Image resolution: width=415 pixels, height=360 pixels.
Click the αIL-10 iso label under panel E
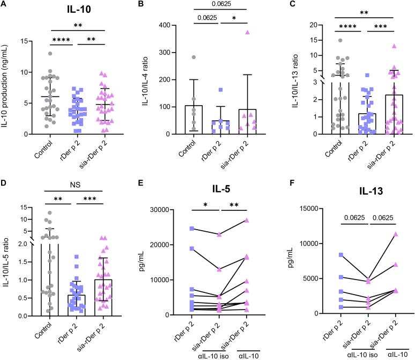(x=219, y=355)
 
